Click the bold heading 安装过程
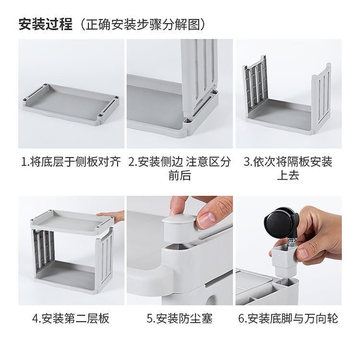tap(46, 24)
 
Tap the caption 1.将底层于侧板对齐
tap(71, 162)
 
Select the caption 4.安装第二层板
tap(71, 318)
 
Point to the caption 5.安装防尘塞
tap(180, 318)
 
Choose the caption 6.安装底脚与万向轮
tap(288, 318)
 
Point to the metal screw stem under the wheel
tap(291, 244)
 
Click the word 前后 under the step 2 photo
tap(180, 175)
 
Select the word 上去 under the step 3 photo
tap(288, 175)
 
